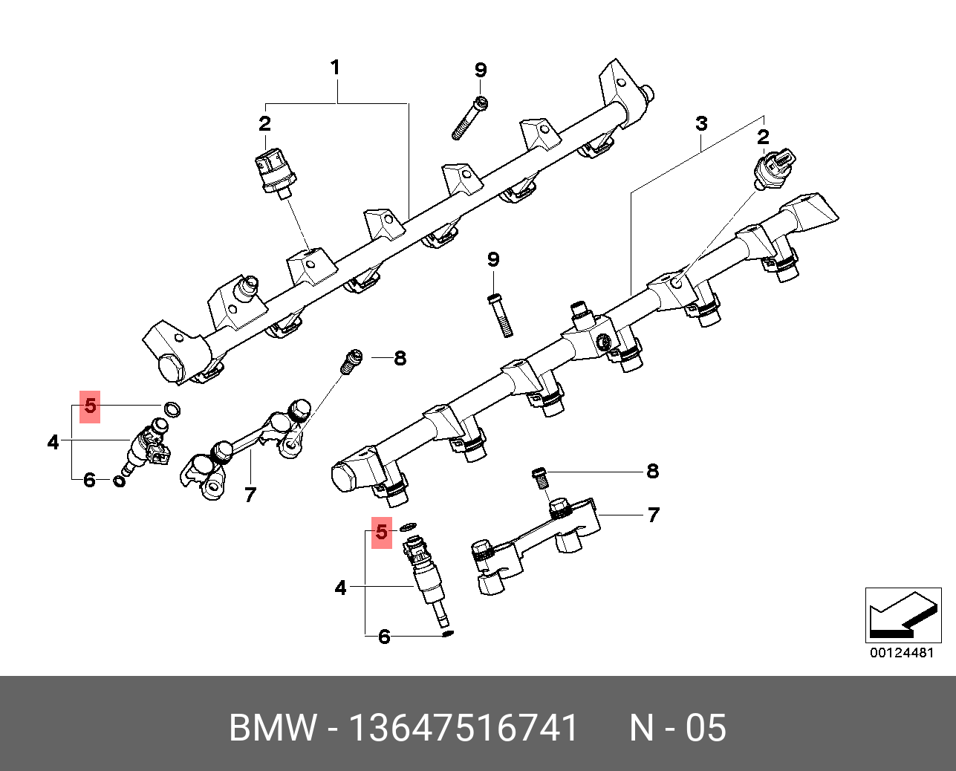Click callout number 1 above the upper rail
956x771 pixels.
tap(335, 68)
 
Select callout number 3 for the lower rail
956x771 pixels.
tap(701, 124)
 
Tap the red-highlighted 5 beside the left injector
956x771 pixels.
tap(90, 406)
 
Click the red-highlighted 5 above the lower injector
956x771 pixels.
tap(382, 533)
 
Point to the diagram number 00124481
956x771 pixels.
tap(902, 653)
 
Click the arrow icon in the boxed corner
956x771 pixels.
tap(902, 616)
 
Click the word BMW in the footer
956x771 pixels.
tap(273, 728)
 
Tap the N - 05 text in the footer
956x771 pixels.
tap(677, 728)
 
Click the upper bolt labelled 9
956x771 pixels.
tap(470, 119)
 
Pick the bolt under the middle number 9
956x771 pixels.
tap(500, 315)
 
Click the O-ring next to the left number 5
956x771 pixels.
tap(172, 409)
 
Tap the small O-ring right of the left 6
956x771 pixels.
tap(119, 482)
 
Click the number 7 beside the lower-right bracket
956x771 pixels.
tap(653, 515)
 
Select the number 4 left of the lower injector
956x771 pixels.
tap(340, 588)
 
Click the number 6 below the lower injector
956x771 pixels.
tap(384, 637)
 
